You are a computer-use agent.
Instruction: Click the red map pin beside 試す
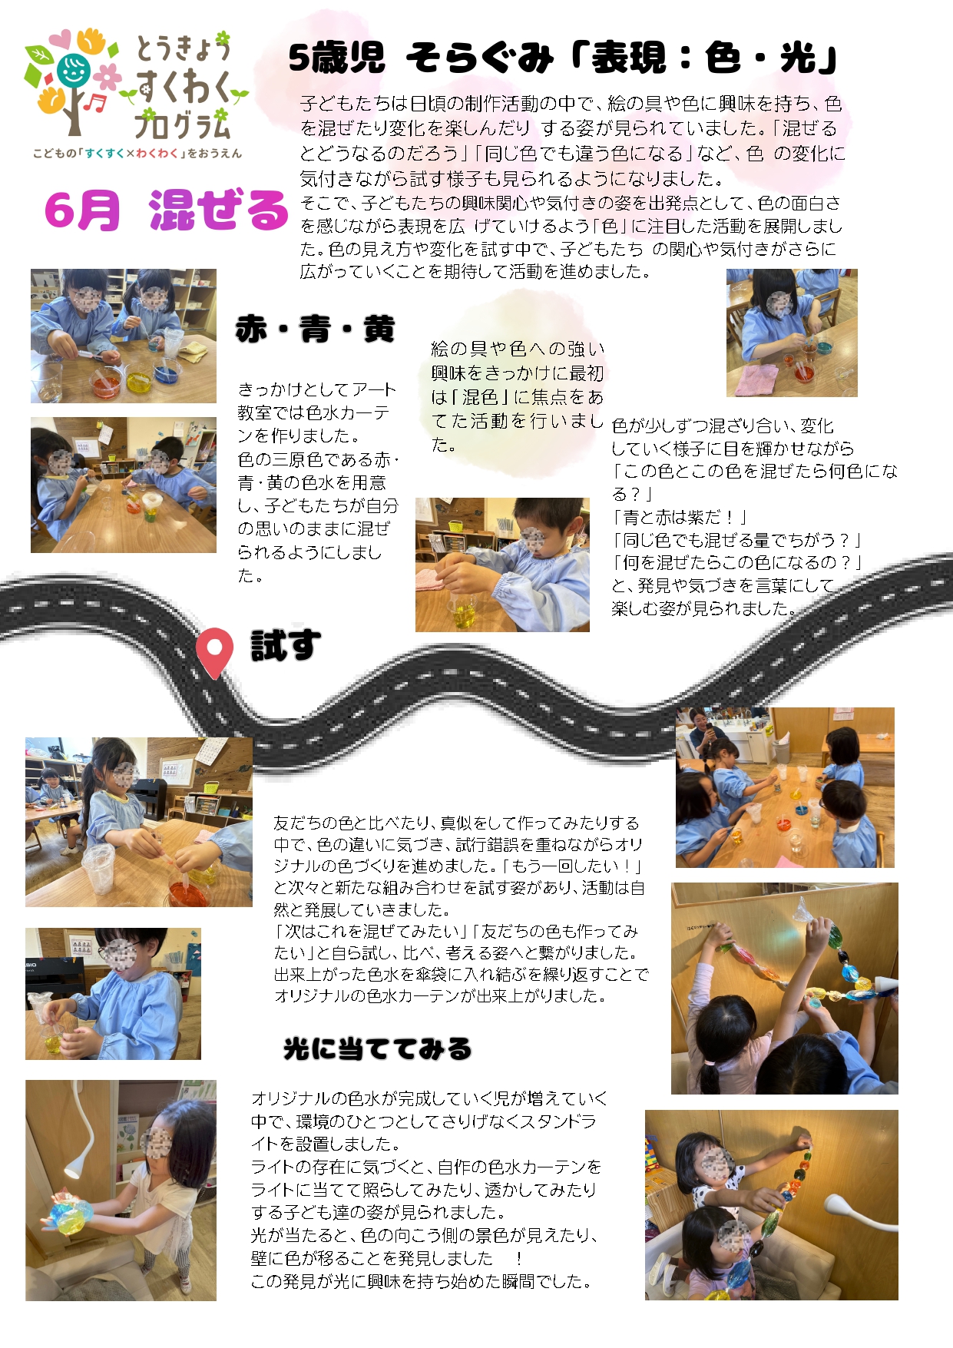pos(214,651)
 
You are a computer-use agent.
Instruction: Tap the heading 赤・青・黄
pos(315,329)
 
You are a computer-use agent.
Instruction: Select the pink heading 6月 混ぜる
pos(166,210)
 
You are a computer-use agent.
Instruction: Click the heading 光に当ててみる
pos(377,1048)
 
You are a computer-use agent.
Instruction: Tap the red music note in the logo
pos(94,103)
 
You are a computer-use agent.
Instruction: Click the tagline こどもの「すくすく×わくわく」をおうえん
pos(137,154)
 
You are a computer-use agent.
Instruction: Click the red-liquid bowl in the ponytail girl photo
pos(189,893)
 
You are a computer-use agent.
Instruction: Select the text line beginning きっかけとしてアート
pos(316,389)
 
